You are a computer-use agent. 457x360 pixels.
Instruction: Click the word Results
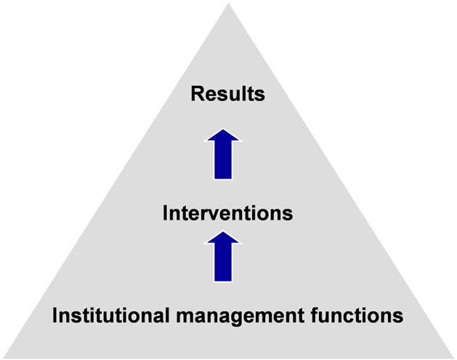point(228,94)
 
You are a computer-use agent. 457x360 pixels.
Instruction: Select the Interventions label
point(227,213)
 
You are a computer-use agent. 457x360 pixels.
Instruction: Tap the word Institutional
point(110,316)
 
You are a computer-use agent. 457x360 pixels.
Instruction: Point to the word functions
point(357,316)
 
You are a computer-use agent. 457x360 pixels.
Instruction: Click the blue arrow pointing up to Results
point(223,154)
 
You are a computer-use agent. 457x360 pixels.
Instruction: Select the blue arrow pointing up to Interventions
point(223,257)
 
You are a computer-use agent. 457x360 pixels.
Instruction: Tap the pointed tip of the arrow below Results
point(223,129)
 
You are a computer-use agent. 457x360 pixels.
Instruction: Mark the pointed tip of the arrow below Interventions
point(223,231)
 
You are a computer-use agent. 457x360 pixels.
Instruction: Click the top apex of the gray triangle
point(228,4)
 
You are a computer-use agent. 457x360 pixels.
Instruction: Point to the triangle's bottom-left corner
point(4,358)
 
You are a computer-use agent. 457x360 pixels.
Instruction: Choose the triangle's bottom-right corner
point(453,358)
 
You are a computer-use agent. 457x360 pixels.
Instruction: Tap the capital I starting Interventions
point(165,213)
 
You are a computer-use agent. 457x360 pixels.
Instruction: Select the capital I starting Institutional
point(55,316)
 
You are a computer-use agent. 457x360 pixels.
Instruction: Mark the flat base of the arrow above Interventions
point(223,179)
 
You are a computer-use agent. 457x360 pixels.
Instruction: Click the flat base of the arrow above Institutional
point(223,281)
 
